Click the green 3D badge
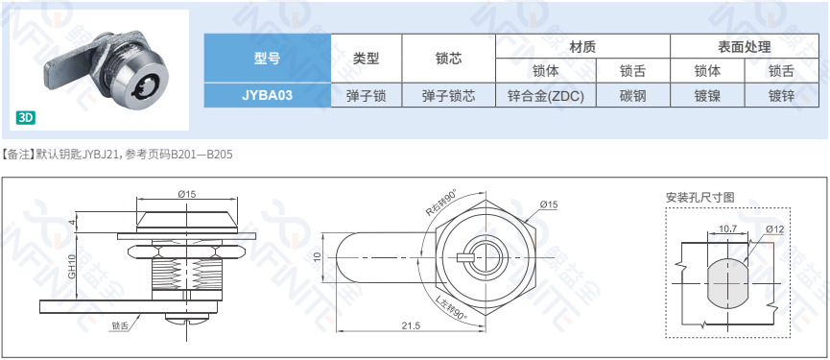click(x=26, y=117)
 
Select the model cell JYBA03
click(x=268, y=95)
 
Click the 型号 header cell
click(x=268, y=59)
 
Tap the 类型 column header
click(x=367, y=59)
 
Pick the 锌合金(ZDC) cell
click(x=546, y=95)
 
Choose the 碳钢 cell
click(x=633, y=95)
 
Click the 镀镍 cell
click(x=707, y=95)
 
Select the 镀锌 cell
click(x=781, y=95)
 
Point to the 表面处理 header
click(x=745, y=47)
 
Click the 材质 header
click(x=582, y=47)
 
